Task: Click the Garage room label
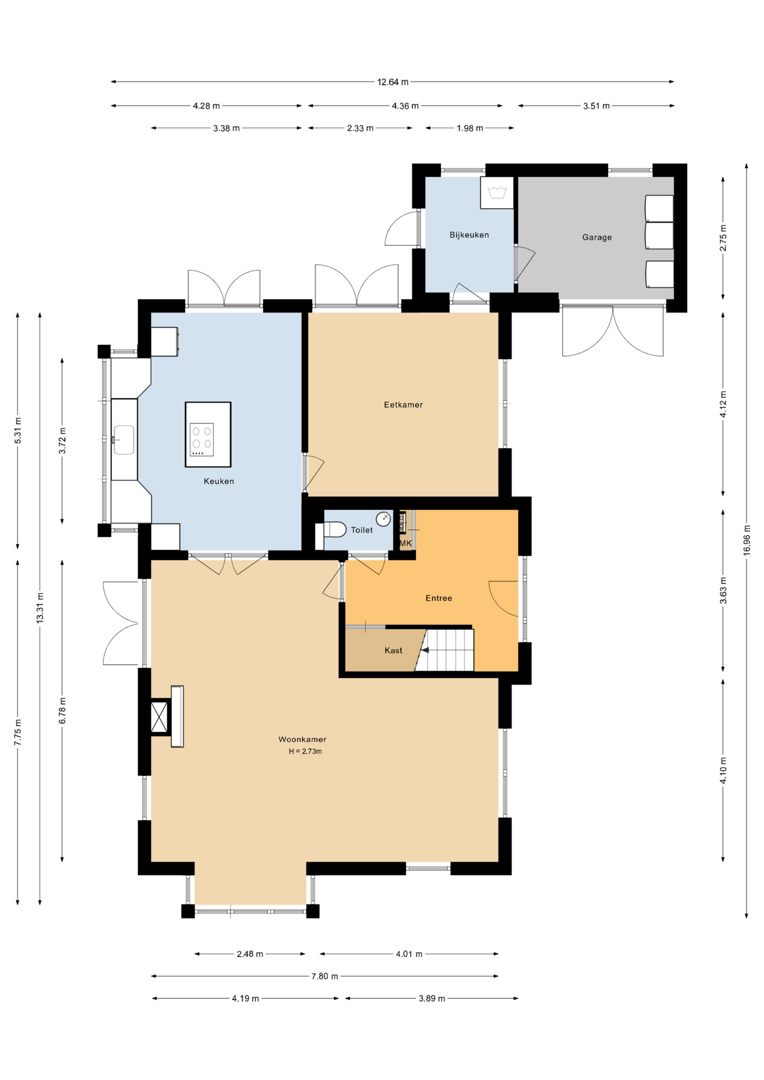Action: coord(597,237)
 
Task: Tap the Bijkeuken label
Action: coord(469,235)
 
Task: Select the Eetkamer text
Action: coord(403,404)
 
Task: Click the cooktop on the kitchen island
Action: coord(202,439)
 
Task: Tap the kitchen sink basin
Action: coord(124,439)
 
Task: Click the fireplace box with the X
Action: coord(160,717)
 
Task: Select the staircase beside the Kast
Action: coord(447,650)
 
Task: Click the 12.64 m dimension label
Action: coord(393,82)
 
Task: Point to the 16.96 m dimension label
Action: coord(747,541)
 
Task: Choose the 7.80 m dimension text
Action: coord(325,976)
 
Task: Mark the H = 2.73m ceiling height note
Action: coord(305,751)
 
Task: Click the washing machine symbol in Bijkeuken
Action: coord(497,193)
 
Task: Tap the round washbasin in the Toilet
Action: coord(383,519)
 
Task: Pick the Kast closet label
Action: coord(393,651)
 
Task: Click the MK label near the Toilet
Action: coord(406,543)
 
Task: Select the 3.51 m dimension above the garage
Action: coord(596,106)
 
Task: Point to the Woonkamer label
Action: coord(302,740)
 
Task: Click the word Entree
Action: coord(439,598)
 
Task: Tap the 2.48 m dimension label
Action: coord(250,954)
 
